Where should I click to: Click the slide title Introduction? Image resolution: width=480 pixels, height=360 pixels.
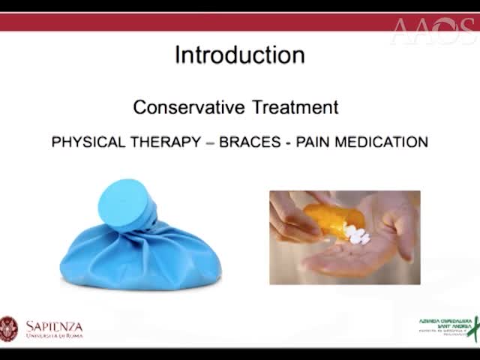coord(239,55)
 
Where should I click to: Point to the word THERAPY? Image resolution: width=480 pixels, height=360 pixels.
coord(163,142)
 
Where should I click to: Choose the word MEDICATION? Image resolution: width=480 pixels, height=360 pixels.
coord(382,142)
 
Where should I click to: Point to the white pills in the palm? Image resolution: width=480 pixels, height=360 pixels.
coord(355,238)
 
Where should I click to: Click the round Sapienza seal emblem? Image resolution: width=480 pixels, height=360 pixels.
coord(8,328)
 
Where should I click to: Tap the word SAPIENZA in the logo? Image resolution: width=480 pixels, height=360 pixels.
coord(54,325)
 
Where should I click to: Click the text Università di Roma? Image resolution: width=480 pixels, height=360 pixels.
coord(54,334)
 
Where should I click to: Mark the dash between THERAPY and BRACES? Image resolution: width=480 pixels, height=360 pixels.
coord(209,142)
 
